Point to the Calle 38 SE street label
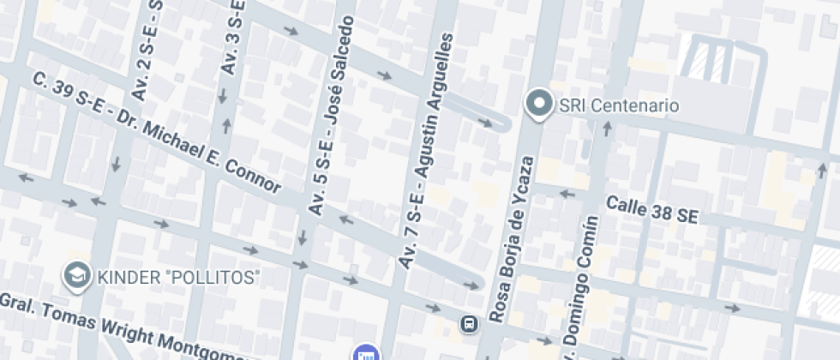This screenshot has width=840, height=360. (x=651, y=210)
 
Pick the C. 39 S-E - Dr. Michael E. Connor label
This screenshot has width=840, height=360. (x=157, y=133)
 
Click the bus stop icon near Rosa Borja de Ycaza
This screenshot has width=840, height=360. (x=469, y=324)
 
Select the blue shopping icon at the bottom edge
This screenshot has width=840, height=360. (x=365, y=353)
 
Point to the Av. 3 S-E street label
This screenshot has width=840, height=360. (x=232, y=39)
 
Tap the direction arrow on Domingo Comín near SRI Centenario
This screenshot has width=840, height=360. (x=608, y=129)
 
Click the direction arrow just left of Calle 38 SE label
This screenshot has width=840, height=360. (x=566, y=193)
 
